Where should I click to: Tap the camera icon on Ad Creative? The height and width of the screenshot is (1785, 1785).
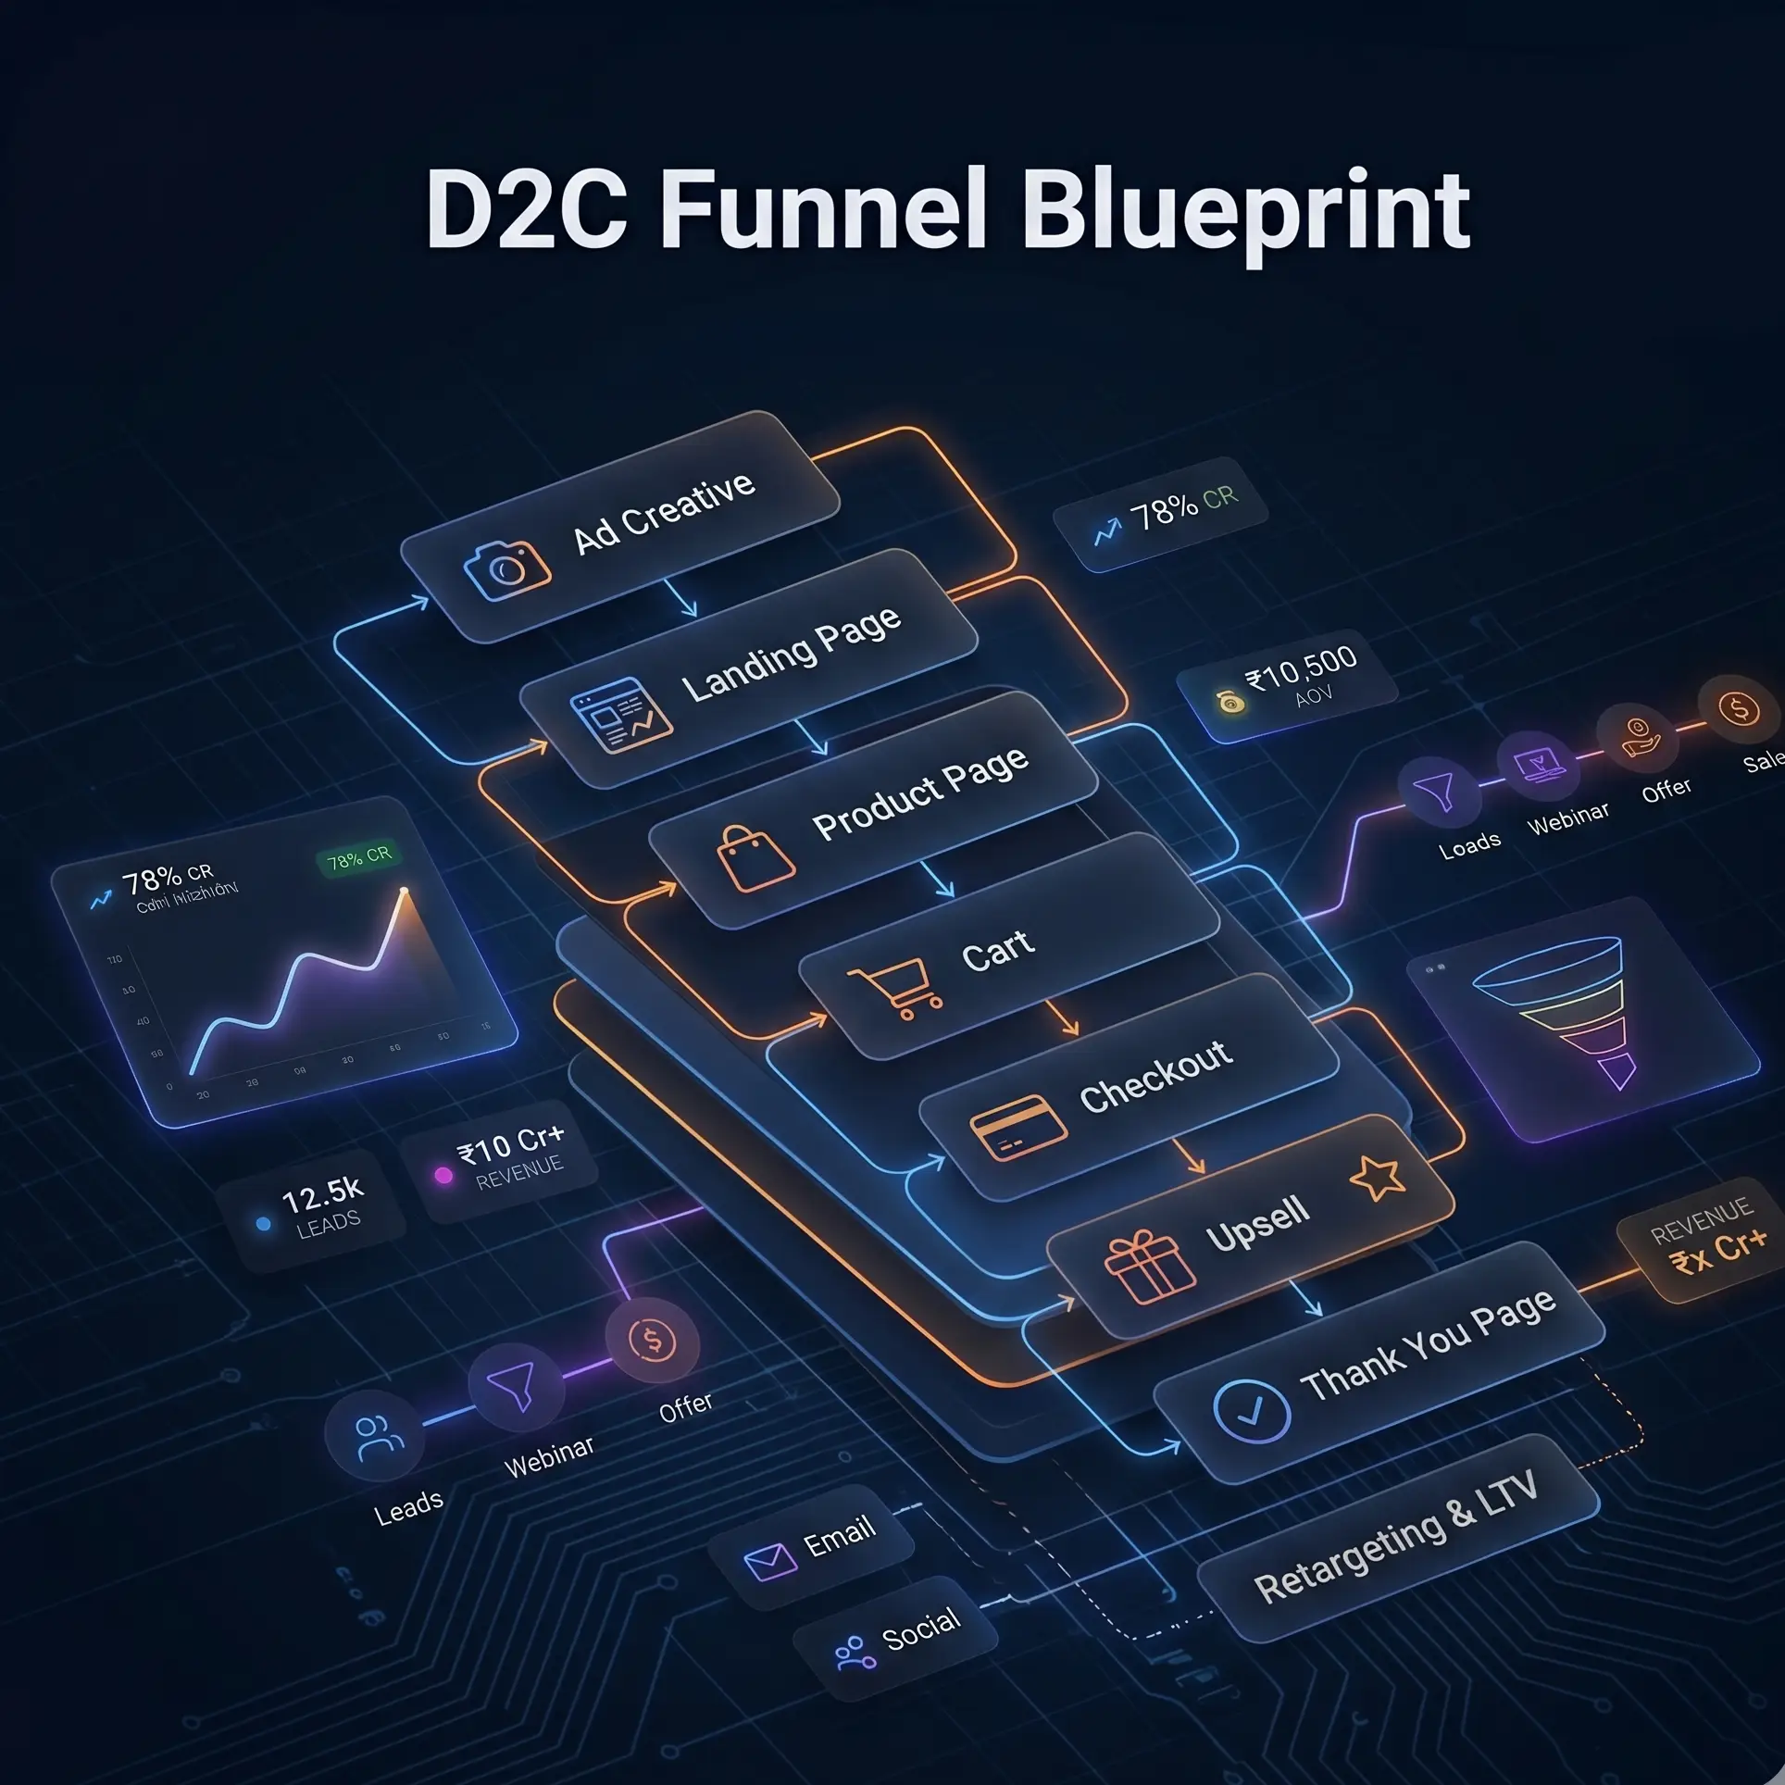pyautogui.click(x=506, y=568)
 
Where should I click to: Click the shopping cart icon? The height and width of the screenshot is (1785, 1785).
pyautogui.click(x=895, y=988)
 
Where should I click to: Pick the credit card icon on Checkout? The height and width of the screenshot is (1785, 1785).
pyautogui.click(x=1011, y=1127)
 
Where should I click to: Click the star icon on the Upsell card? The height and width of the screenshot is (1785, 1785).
pyautogui.click(x=1377, y=1178)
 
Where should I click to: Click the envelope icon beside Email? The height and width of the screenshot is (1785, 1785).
pyautogui.click(x=770, y=1562)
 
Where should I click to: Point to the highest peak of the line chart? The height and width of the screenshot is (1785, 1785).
pyautogui.click(x=404, y=892)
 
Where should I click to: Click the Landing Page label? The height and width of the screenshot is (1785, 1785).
pyautogui.click(x=791, y=653)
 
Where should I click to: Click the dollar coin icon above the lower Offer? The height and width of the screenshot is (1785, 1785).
pyautogui.click(x=652, y=1340)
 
